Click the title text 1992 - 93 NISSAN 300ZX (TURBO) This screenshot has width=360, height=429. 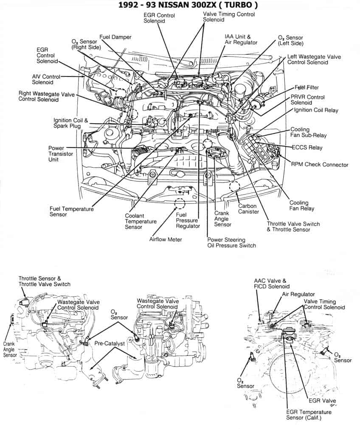(180, 5)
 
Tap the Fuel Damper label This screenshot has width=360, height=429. (115, 37)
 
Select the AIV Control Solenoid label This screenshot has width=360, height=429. (46, 79)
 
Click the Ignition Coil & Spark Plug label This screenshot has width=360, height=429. (70, 123)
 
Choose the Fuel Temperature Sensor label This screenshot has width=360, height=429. (71, 212)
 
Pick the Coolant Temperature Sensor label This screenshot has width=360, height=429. (141, 221)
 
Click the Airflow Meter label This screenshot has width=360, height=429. (166, 240)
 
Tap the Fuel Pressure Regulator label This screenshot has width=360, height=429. (188, 220)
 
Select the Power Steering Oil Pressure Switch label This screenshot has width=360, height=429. (231, 243)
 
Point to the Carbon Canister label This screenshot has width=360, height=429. (248, 209)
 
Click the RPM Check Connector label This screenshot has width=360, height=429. (319, 165)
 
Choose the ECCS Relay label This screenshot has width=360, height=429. (307, 148)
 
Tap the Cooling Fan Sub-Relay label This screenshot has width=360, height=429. (308, 133)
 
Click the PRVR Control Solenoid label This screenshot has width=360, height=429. (307, 100)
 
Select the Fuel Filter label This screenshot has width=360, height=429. (307, 87)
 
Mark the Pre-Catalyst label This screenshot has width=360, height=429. (110, 343)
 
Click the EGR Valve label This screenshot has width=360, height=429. (323, 401)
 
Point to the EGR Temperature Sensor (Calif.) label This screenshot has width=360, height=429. (308, 415)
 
